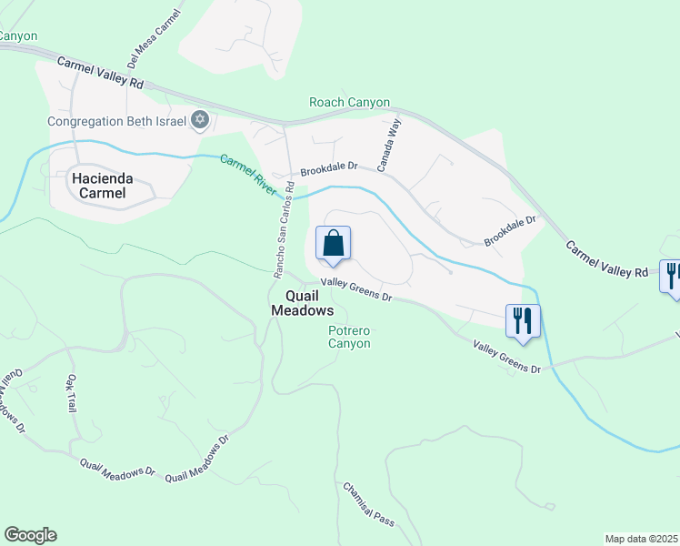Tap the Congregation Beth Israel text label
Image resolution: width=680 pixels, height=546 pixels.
tap(116, 121)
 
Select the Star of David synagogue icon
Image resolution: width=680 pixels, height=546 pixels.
tap(200, 120)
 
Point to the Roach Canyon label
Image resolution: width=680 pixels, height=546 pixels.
tap(349, 103)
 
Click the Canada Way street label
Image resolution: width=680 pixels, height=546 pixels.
tap(389, 147)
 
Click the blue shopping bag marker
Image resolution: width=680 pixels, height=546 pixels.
tap(333, 244)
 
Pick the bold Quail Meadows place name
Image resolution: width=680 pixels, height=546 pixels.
tap(303, 303)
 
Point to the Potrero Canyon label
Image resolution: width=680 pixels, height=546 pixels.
tap(349, 337)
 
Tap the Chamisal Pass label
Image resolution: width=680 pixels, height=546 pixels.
tap(368, 504)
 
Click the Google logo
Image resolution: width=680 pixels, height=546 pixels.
tap(30, 535)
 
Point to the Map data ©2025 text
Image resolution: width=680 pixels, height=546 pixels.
tap(641, 539)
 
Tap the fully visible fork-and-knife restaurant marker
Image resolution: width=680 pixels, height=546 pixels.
tap(523, 321)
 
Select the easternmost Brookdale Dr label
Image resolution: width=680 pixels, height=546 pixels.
tap(511, 230)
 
